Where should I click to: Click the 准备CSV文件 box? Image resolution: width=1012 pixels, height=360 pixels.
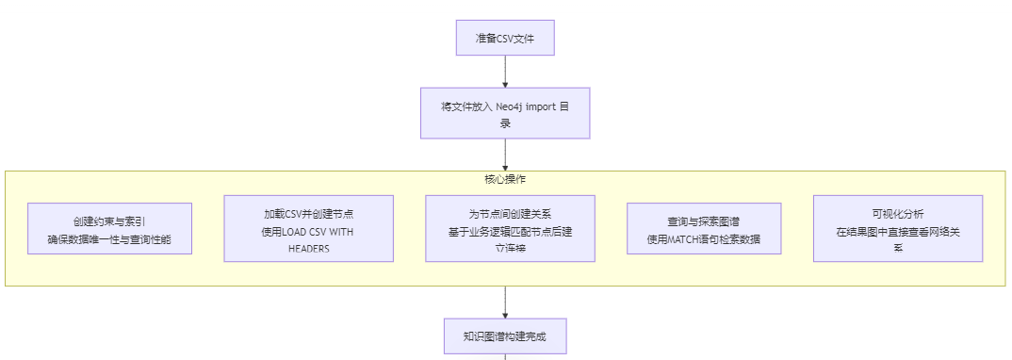505,39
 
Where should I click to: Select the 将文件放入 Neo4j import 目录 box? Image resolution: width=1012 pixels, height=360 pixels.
505,114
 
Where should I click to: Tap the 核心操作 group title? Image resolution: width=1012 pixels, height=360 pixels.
505,179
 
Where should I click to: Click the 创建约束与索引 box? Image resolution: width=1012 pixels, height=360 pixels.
109,229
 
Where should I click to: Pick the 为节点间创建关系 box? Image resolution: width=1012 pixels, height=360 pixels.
510,229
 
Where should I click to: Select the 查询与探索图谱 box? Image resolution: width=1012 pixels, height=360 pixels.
703,229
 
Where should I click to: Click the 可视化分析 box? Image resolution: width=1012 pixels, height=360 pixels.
897,229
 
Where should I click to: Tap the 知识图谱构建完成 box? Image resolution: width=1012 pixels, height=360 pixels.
505,335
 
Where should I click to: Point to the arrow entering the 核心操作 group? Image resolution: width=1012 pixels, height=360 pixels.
505,155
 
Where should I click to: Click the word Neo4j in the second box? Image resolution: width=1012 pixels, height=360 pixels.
514,106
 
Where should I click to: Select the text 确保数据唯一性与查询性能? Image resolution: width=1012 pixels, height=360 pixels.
109,239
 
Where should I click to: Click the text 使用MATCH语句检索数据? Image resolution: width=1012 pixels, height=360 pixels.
703,239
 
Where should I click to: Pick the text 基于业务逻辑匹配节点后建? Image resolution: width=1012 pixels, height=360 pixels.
510,231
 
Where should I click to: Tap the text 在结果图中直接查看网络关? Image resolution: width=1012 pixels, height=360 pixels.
897,231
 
